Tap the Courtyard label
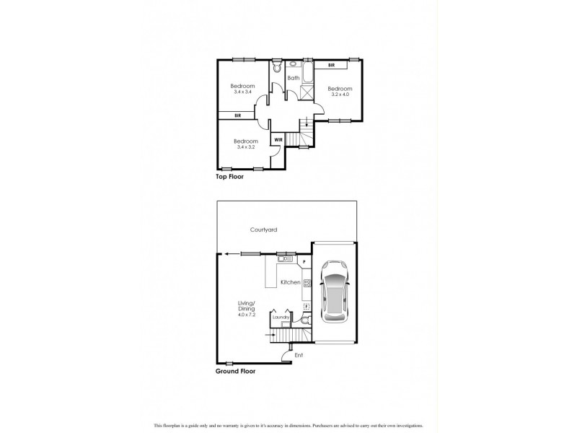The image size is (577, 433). (263, 229)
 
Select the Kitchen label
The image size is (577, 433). (290, 282)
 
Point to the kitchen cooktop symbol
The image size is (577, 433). (307, 283)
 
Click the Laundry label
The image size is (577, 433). (281, 317)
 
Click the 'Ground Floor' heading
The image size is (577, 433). (236, 372)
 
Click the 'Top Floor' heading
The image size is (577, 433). (230, 176)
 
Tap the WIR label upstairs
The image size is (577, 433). (278, 139)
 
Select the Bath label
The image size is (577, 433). (294, 78)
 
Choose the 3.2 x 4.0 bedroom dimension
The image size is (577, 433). (340, 95)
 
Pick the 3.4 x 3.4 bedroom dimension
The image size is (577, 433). (243, 92)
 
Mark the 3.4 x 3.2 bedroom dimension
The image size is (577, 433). (247, 146)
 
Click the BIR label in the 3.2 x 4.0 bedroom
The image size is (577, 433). (331, 66)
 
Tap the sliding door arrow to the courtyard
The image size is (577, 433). (229, 253)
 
